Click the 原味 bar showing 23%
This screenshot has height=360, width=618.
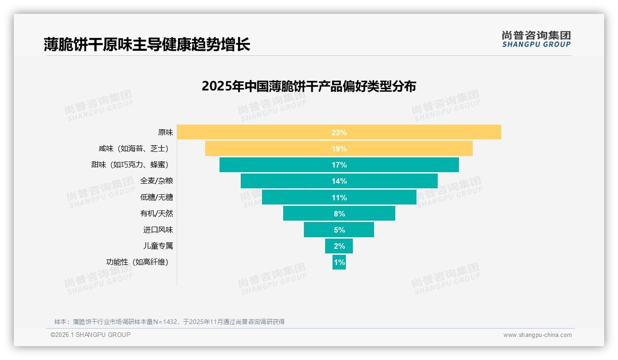(415, 132)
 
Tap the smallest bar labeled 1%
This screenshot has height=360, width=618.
(339, 262)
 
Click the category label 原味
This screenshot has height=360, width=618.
(166, 132)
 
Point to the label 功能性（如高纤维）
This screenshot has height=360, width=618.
(137, 262)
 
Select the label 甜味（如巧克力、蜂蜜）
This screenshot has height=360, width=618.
(130, 165)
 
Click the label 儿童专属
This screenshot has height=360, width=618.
(158, 246)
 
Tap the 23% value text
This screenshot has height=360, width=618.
(339, 132)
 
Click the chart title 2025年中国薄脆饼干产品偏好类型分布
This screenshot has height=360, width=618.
(309, 87)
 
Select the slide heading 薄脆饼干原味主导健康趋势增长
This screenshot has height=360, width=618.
(147, 44)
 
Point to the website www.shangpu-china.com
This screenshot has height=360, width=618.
(537, 335)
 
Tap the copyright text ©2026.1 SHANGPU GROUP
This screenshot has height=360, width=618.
(90, 335)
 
